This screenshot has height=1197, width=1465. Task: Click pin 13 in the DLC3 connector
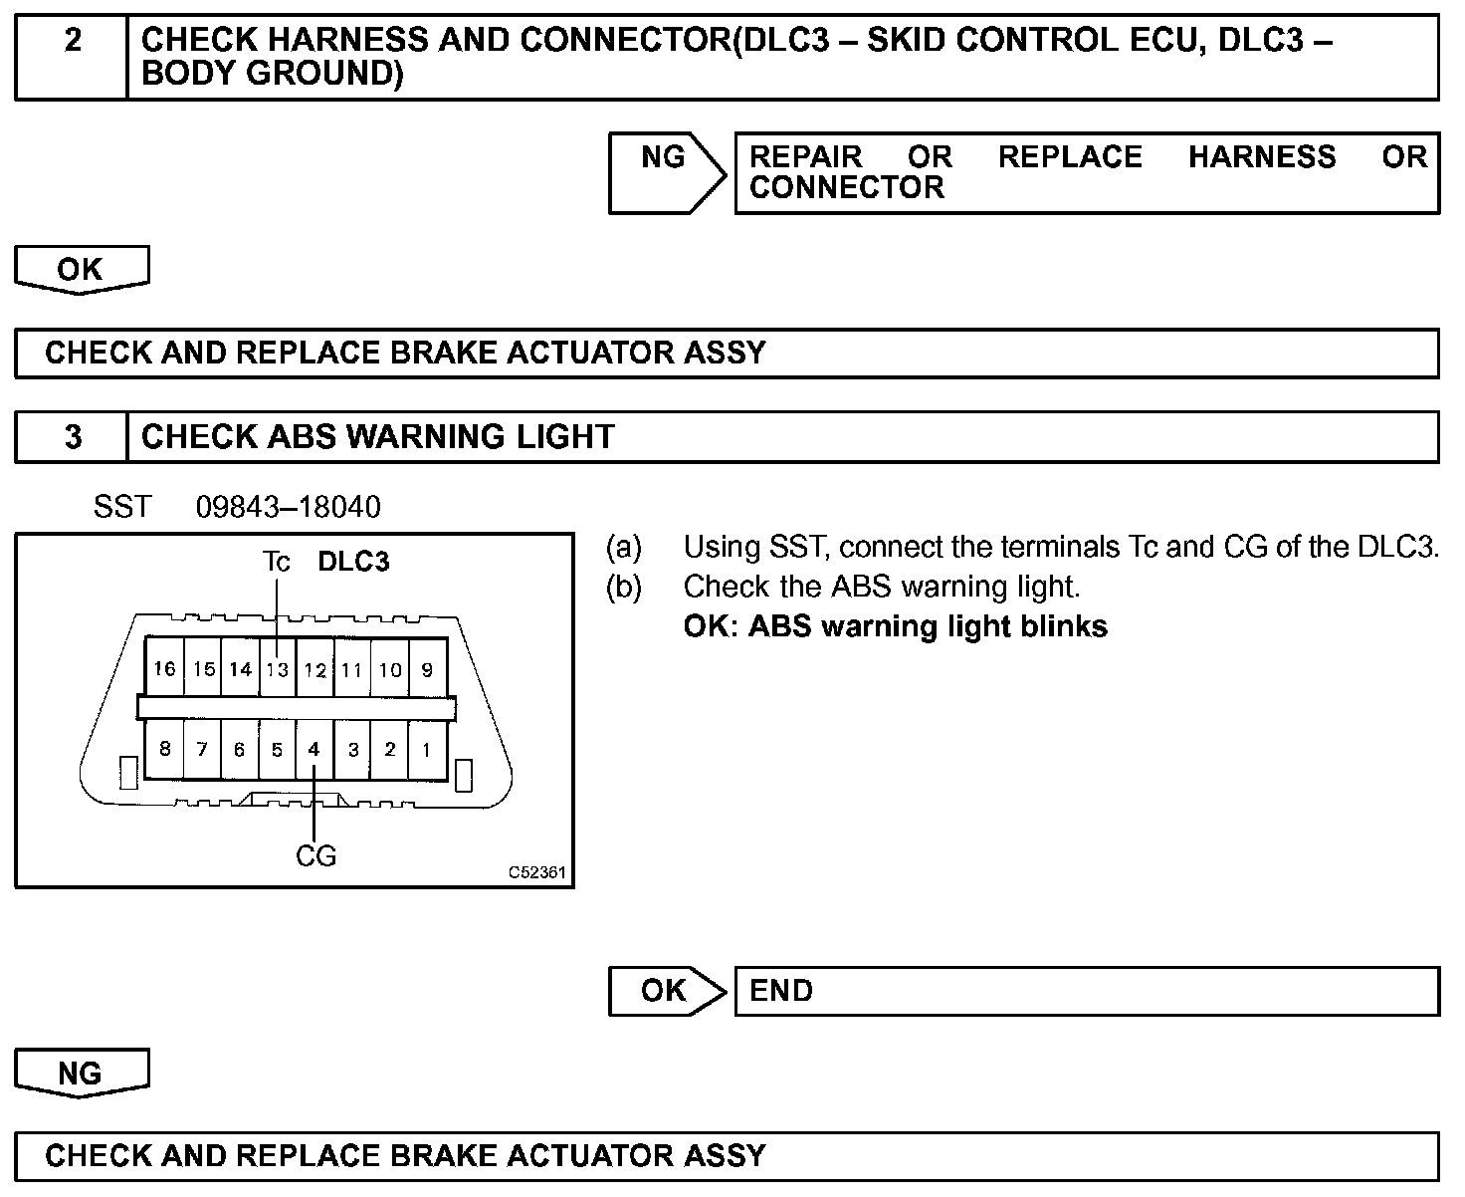(x=278, y=669)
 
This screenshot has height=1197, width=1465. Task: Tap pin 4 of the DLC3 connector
(x=314, y=750)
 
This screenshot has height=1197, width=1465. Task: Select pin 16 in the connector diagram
(x=164, y=669)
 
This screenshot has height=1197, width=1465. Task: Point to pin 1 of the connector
(x=427, y=750)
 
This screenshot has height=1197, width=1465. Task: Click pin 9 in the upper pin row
(x=427, y=669)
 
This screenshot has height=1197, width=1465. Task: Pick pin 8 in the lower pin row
(x=164, y=750)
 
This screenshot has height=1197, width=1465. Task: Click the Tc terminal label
(x=276, y=562)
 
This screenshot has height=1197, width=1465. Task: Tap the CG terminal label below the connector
(x=315, y=855)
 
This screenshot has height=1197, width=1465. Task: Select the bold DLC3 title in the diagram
(x=353, y=562)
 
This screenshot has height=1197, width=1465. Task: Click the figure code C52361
(x=537, y=873)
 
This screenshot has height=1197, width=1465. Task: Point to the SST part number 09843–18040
(x=288, y=507)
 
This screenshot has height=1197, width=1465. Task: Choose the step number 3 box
(x=73, y=437)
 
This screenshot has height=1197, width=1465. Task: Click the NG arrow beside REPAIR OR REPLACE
(x=665, y=171)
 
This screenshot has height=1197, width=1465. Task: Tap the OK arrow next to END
(x=665, y=991)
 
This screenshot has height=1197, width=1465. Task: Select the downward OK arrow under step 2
(x=81, y=270)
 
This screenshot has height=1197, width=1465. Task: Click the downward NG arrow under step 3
(x=81, y=1074)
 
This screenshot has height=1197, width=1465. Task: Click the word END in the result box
(x=781, y=991)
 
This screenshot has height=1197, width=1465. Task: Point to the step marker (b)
(x=624, y=587)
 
